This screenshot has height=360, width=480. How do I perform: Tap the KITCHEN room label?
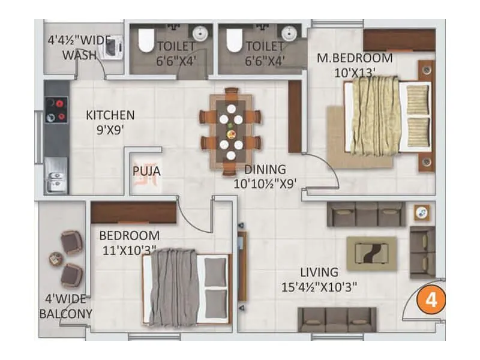pos(110,115)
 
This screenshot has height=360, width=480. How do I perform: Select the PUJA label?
pos(146,172)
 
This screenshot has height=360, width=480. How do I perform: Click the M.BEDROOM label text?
pos(355,58)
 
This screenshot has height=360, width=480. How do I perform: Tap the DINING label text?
pos(265,169)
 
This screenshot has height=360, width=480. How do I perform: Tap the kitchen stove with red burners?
pos(58,110)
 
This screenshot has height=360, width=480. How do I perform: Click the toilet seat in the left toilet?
pos(146,40)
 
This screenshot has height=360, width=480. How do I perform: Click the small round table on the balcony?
pos(56,259)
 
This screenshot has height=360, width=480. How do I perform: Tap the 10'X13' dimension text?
pos(355,73)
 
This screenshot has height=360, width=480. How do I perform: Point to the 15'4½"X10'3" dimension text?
pos(319,287)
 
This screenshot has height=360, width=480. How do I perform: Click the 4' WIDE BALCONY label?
pos(65,306)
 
